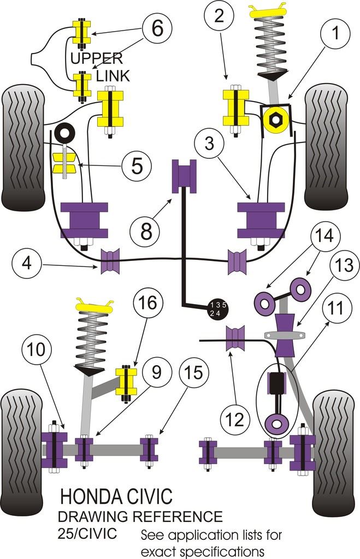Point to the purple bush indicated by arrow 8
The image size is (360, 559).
(184, 176)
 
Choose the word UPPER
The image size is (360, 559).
(96, 58)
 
